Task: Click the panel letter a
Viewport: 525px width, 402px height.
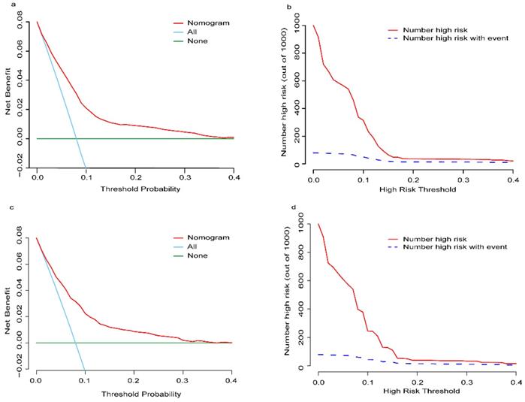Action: pyautogui.click(x=5, y=5)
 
